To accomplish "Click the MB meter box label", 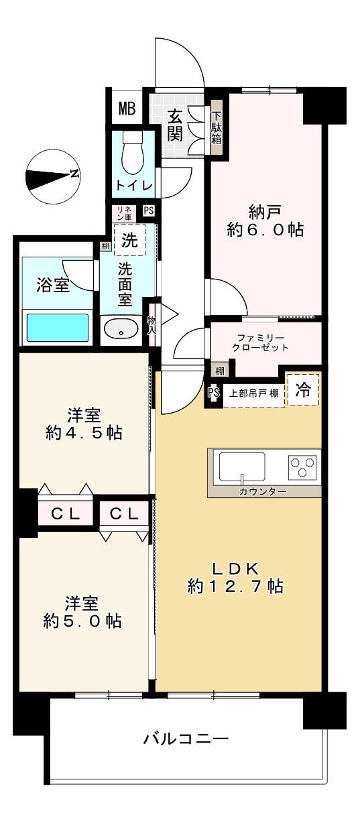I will pyautogui.click(x=127, y=107).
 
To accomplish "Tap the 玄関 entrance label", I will pyautogui.click(x=175, y=125).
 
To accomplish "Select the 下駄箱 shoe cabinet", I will pyautogui.click(x=217, y=128).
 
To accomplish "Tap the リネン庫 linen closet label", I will pyautogui.click(x=124, y=213).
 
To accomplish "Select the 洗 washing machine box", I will pyautogui.click(x=129, y=241).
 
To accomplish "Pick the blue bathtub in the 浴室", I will pyautogui.click(x=57, y=328).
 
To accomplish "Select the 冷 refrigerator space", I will pyautogui.click(x=303, y=391).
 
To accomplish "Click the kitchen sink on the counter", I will pyautogui.click(x=242, y=466).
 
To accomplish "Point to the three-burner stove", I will pyautogui.click(x=303, y=466).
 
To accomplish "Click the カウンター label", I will pyautogui.click(x=263, y=492).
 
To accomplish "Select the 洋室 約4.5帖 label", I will pyautogui.click(x=84, y=423).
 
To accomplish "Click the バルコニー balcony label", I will pyautogui.click(x=186, y=739).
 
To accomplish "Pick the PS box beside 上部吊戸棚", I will pyautogui.click(x=213, y=393).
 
